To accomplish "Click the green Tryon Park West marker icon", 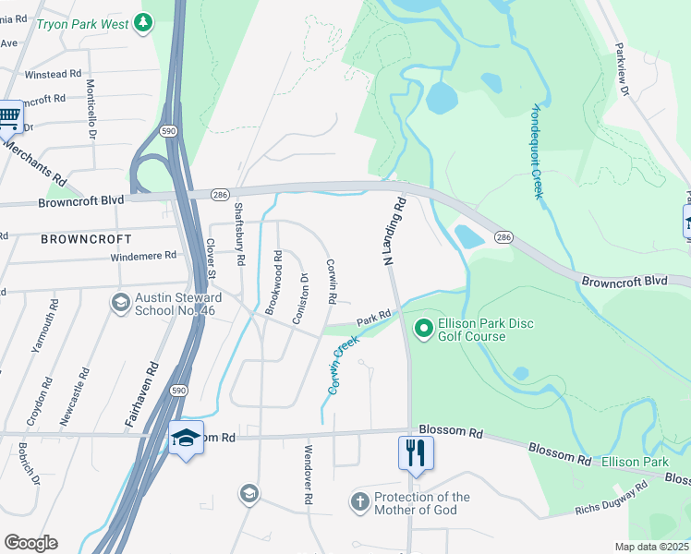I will [x=142, y=22].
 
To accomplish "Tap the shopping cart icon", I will [x=9, y=116].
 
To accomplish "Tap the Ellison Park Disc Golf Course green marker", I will [x=424, y=328].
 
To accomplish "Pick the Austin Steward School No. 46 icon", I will [x=120, y=303].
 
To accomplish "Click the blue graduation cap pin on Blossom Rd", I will [x=186, y=438].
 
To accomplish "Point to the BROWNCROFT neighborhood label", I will [x=80, y=238].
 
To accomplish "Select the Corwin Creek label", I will [x=340, y=366].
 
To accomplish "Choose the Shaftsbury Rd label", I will [x=239, y=235].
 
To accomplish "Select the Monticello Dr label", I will [x=91, y=107].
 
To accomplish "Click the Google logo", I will [x=30, y=543].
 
